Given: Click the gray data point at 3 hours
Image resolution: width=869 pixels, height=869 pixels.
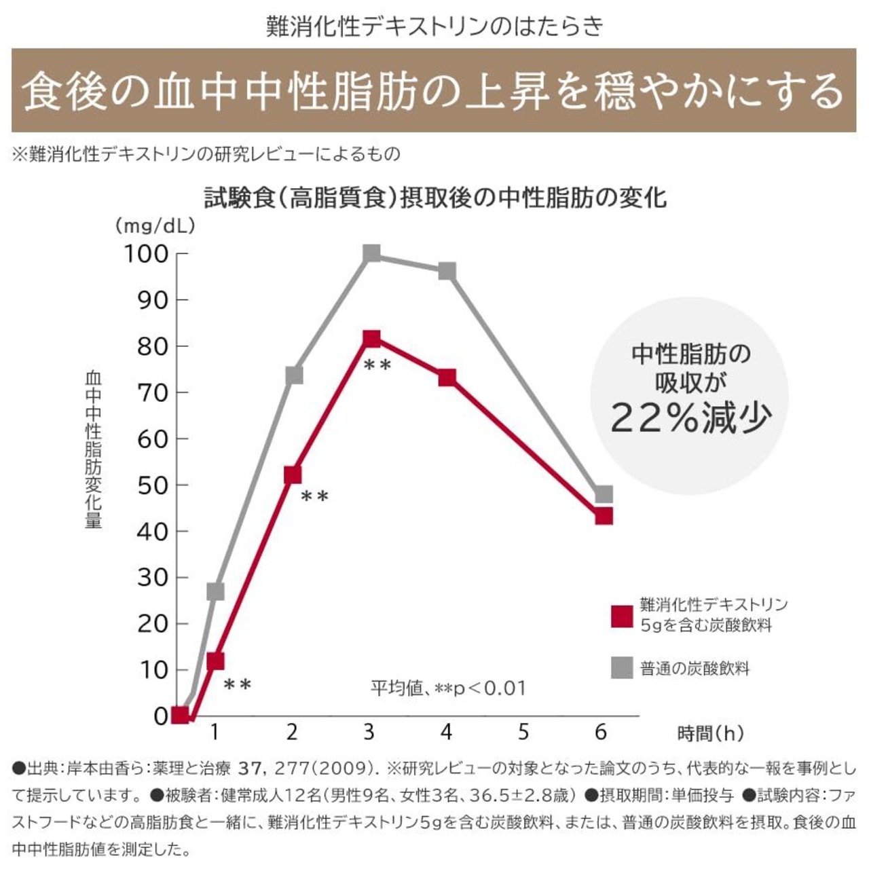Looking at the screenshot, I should point(371,253).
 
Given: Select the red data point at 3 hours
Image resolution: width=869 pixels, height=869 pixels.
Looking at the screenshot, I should point(371,339).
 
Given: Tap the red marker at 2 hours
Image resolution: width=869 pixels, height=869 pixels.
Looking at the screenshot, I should point(293,475).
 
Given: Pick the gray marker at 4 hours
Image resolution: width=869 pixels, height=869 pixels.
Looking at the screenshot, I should point(447,271).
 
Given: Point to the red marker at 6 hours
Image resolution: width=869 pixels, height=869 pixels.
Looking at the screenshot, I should point(604,516).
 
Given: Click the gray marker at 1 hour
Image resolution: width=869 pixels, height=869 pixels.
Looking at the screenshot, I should point(215,591).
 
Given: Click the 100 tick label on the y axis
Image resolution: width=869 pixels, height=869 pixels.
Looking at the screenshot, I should point(145,254).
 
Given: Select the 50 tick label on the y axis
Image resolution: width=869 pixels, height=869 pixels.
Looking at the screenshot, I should point(152,485).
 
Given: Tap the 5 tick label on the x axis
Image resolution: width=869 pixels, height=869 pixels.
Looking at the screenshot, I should point(523,732).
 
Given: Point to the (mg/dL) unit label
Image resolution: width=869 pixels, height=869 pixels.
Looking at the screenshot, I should point(155,225).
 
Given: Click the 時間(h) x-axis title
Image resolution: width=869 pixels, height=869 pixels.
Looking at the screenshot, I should point(710,733).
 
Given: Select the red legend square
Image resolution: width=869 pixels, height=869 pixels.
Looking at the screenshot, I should point(621,616).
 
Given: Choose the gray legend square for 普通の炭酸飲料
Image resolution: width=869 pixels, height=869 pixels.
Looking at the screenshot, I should point(621,668).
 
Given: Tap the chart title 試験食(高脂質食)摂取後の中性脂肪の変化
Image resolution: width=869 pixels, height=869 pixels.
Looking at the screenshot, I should point(435,198).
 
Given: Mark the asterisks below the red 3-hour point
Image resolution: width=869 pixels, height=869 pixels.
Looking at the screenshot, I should point(377,365).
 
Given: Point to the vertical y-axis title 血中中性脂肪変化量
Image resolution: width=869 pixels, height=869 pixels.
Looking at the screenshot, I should point(93,449).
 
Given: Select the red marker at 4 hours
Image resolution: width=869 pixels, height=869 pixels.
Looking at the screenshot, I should point(447,377).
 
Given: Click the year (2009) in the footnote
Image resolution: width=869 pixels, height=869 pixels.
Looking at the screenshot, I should point(345,769).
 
